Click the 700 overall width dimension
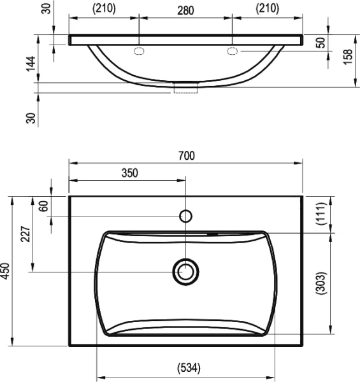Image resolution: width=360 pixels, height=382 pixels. (x=187, y=156)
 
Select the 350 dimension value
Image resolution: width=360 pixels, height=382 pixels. (x=130, y=173)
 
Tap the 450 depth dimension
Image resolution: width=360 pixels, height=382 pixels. (x=5, y=271)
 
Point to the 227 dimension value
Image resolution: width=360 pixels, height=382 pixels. (x=26, y=234)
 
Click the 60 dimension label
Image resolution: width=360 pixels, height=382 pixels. (x=44, y=206)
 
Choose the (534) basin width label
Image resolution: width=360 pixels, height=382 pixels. (x=189, y=368)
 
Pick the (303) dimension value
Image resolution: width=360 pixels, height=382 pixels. (x=320, y=283)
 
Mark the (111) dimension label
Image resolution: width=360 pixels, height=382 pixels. (x=320, y=214)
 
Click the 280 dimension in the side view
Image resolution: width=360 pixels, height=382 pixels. (x=185, y=11)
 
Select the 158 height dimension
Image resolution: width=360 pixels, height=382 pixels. (x=348, y=57)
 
